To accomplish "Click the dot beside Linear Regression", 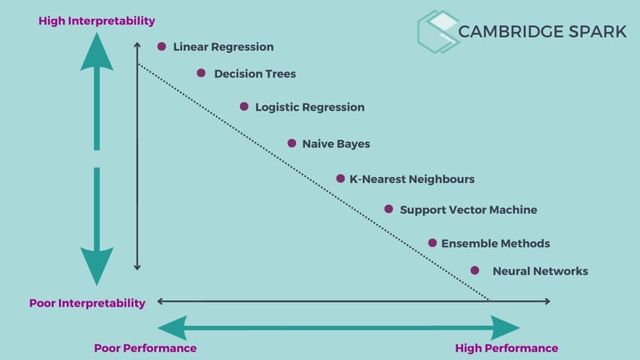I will [161, 47].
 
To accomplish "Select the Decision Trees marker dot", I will [201, 73].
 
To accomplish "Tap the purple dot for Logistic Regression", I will [244, 106].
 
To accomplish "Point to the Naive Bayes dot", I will [291, 143].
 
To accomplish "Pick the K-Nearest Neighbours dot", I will [340, 178].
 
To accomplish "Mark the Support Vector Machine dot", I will [389, 209].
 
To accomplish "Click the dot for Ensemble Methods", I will [432, 243].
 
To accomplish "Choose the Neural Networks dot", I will [474, 270].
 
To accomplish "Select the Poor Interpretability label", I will [87, 304].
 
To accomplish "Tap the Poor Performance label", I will [145, 348].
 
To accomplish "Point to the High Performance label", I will [507, 348].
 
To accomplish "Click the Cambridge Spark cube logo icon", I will [438, 32].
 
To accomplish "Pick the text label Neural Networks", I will [540, 271].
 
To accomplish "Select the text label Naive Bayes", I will [336, 144].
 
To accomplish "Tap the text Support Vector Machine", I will [468, 210].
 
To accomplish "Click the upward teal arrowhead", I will [96, 53].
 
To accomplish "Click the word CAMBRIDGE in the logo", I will [512, 32].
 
